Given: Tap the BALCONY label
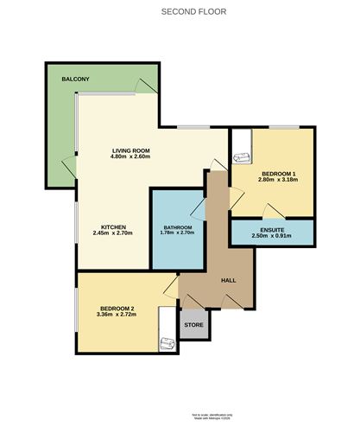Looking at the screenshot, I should [x=75, y=80].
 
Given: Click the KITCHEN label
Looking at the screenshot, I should [x=114, y=226].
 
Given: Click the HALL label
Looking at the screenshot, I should [x=229, y=280].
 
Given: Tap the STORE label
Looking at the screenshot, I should [x=195, y=325].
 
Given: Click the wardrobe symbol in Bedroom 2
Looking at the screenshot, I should [x=167, y=343].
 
